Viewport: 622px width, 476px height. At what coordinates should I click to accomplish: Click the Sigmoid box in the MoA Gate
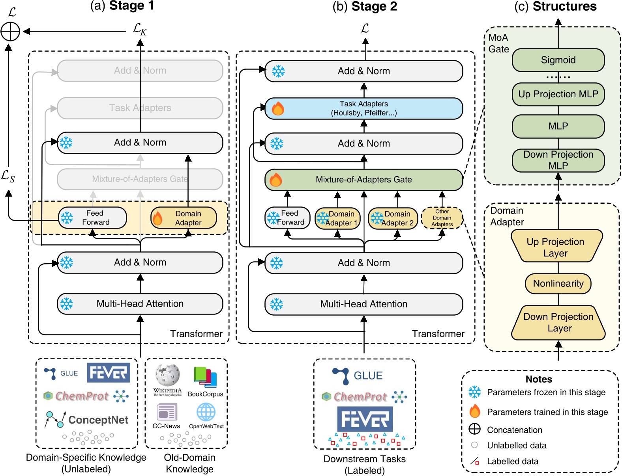(558, 60)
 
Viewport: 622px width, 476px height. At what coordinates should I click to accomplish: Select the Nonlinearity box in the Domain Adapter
(558, 284)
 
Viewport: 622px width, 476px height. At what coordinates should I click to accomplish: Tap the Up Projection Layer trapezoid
(556, 247)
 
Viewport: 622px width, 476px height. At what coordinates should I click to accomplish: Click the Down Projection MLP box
(558, 160)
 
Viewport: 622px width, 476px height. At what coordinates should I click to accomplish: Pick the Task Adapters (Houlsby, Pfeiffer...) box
(363, 108)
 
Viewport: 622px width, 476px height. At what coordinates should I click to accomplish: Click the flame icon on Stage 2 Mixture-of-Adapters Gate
(275, 180)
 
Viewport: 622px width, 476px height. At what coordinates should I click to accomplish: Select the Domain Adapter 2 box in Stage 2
(393, 219)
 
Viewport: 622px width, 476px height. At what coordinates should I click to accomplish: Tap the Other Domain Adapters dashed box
(442, 218)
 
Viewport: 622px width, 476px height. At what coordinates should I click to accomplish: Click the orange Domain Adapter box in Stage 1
(184, 218)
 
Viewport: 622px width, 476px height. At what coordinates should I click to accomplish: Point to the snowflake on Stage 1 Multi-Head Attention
(66, 304)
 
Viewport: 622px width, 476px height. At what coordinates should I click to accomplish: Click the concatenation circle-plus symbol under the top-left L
(10, 32)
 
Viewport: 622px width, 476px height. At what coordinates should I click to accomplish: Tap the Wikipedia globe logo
(167, 375)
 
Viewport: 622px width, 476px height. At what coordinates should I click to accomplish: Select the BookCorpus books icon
(205, 377)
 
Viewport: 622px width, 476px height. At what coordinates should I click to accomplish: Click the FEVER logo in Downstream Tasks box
(365, 419)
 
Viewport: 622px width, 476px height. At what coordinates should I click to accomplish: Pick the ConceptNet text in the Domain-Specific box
(98, 420)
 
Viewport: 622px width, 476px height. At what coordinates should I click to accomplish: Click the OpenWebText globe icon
(206, 412)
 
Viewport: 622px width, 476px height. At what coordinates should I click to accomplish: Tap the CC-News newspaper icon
(167, 412)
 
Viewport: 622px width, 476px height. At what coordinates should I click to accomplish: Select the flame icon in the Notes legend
(474, 411)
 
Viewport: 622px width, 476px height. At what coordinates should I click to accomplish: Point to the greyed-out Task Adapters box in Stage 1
(140, 108)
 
